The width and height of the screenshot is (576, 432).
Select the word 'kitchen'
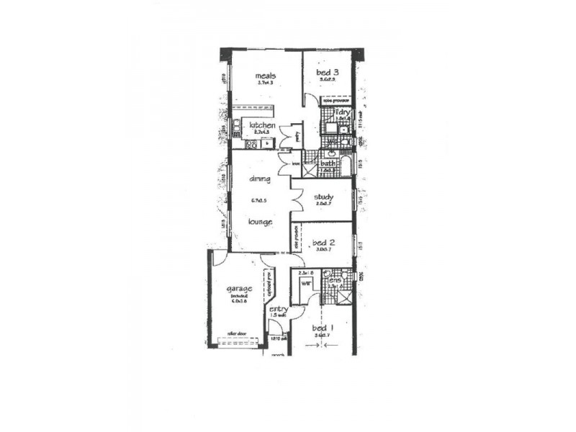pos(262,126)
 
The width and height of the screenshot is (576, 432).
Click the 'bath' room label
pos(328,164)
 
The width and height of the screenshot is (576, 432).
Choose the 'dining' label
pos(260,178)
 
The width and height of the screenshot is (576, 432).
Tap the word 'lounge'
pos(260,222)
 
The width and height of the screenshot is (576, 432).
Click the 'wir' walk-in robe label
pos(305,284)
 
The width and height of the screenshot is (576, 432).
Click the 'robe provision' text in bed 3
pos(336,101)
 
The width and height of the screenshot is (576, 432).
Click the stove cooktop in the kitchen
pos(251,144)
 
